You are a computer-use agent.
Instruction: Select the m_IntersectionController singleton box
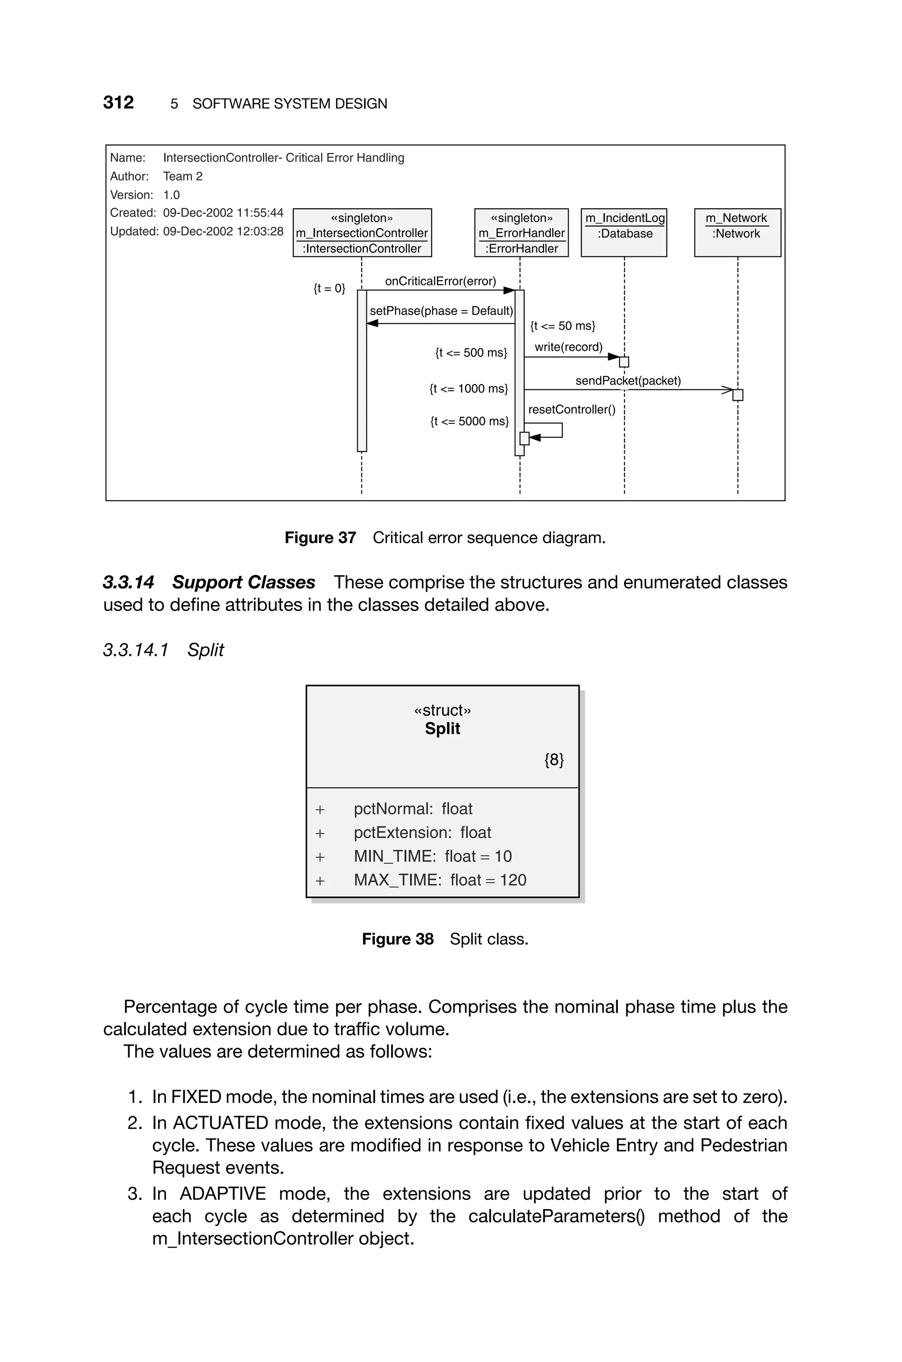(362, 233)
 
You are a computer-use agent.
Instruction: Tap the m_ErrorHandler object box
(521, 233)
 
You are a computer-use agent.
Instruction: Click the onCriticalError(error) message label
(440, 281)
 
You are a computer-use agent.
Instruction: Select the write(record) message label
(568, 347)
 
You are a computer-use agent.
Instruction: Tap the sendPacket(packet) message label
(628, 381)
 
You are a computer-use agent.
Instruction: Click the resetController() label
(571, 410)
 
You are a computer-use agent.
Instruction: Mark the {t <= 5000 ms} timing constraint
(469, 422)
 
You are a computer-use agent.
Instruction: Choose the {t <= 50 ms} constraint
(562, 326)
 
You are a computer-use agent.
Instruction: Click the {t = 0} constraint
(329, 288)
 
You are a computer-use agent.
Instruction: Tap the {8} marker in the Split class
(553, 760)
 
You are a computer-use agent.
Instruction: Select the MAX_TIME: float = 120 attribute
(440, 880)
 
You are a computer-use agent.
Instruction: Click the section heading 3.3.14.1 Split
(163, 650)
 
